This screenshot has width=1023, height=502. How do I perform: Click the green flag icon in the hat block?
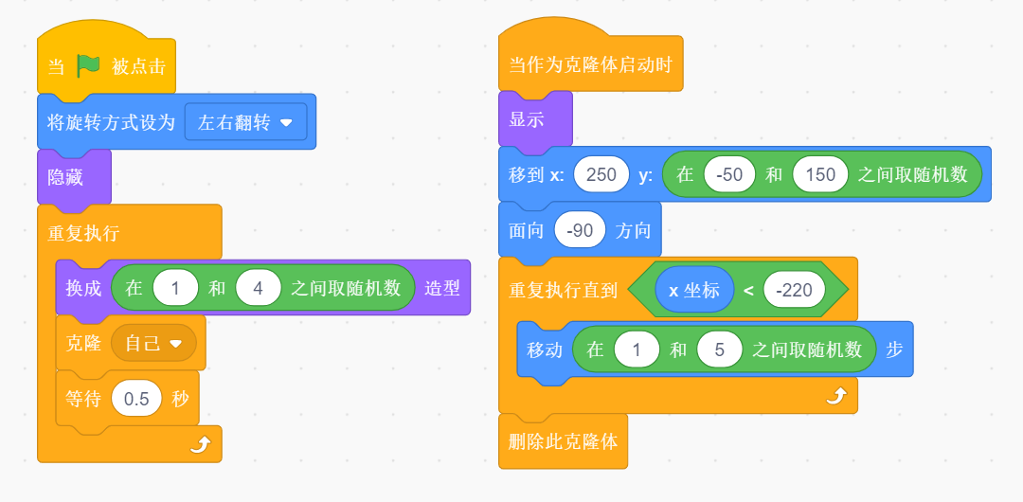(88, 65)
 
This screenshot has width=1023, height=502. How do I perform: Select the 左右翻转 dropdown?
(245, 122)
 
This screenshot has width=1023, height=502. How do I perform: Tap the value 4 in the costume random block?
(259, 288)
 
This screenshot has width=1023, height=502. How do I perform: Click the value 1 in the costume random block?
(174, 288)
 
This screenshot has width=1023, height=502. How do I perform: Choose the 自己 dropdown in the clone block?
(153, 343)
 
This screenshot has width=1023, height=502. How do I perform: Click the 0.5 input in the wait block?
(136, 398)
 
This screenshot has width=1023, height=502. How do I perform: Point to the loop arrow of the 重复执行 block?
(199, 444)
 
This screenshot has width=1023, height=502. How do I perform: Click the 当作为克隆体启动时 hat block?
(590, 65)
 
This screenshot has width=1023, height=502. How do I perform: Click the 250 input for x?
(601, 174)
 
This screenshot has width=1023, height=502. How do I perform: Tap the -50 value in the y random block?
(729, 174)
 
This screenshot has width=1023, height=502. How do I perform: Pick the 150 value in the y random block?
(820, 174)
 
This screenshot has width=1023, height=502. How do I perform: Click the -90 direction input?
(580, 230)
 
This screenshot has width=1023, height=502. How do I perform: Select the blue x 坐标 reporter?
(693, 290)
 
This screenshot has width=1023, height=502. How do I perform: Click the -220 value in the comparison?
(794, 290)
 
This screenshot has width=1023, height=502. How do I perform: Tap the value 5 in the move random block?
(719, 350)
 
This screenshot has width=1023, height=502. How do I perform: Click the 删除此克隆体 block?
(563, 440)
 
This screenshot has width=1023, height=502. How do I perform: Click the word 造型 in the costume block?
(442, 288)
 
